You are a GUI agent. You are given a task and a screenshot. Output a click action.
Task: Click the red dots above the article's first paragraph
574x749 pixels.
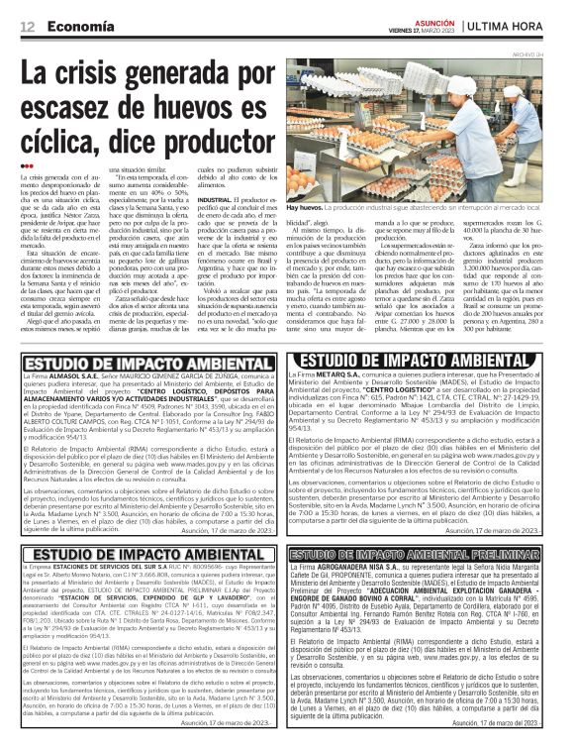(30, 165)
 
